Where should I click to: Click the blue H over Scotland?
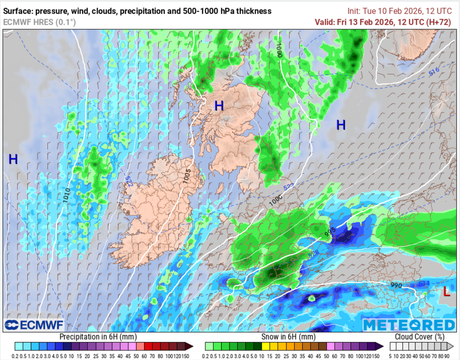(x=219, y=106)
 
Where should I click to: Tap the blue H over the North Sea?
(x=341, y=125)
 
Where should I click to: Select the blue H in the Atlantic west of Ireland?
(x=13, y=159)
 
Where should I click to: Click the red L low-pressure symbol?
(x=446, y=292)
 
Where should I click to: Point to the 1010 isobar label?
(x=66, y=195)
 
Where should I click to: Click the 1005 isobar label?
(x=187, y=174)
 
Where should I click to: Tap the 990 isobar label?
(x=396, y=285)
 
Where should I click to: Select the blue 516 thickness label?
(x=433, y=71)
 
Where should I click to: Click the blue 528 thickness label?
(x=314, y=255)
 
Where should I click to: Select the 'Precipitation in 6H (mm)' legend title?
(x=98, y=336)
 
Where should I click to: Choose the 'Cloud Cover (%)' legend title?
(x=420, y=336)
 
